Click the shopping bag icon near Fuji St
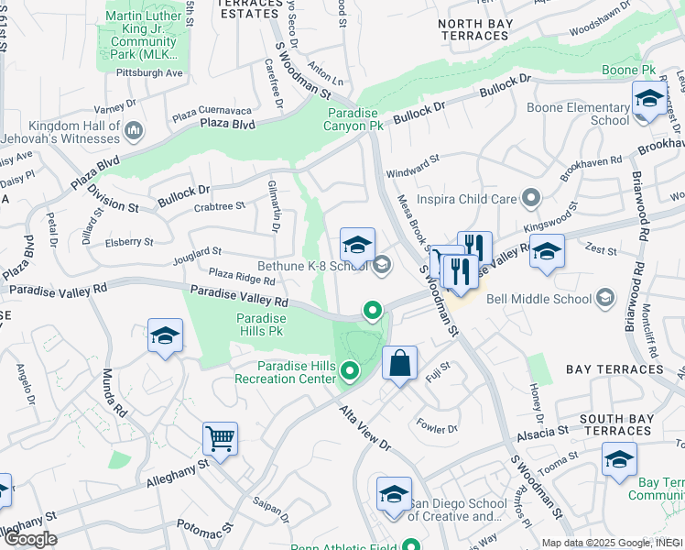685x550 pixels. pos(399,363)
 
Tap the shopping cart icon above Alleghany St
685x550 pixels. pos(221,439)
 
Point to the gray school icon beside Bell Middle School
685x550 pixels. pos(604,298)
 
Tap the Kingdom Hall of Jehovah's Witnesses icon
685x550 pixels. pos(134,131)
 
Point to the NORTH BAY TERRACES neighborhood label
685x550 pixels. pos(473,29)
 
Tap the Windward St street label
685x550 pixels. pos(413,164)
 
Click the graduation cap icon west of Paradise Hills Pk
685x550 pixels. pos(165,336)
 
